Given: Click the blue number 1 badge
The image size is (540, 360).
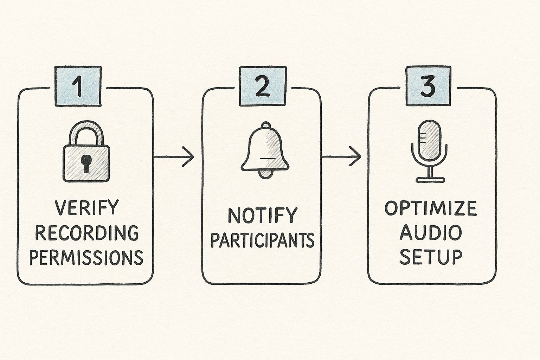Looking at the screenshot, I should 78,86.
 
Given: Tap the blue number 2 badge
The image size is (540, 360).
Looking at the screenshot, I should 263,86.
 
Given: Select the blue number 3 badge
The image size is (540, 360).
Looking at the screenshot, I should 428,86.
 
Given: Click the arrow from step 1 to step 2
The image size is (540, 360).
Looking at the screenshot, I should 174,156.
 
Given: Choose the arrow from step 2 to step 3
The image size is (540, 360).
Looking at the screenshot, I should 341,156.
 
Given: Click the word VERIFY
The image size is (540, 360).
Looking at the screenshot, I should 87,208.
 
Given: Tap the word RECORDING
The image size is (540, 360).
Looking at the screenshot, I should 87,233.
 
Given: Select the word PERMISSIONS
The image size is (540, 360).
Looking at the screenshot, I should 86,257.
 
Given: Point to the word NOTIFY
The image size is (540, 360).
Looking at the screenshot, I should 262,215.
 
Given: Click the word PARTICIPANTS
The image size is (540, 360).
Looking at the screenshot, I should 262,240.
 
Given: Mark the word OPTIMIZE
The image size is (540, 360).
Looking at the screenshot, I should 431,208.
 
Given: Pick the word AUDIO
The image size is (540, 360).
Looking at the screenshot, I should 431,232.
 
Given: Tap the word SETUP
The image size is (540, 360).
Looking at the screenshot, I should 431,257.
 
